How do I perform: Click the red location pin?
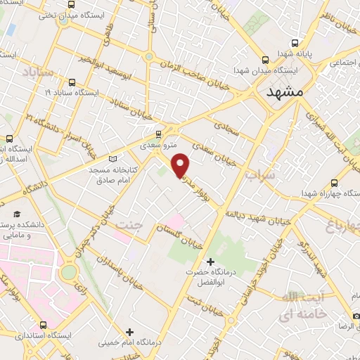[181, 165]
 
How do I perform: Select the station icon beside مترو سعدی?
[158, 133]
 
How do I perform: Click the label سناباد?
[37, 72]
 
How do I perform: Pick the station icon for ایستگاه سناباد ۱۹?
[72, 82]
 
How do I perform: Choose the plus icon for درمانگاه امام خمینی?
[129, 332]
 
